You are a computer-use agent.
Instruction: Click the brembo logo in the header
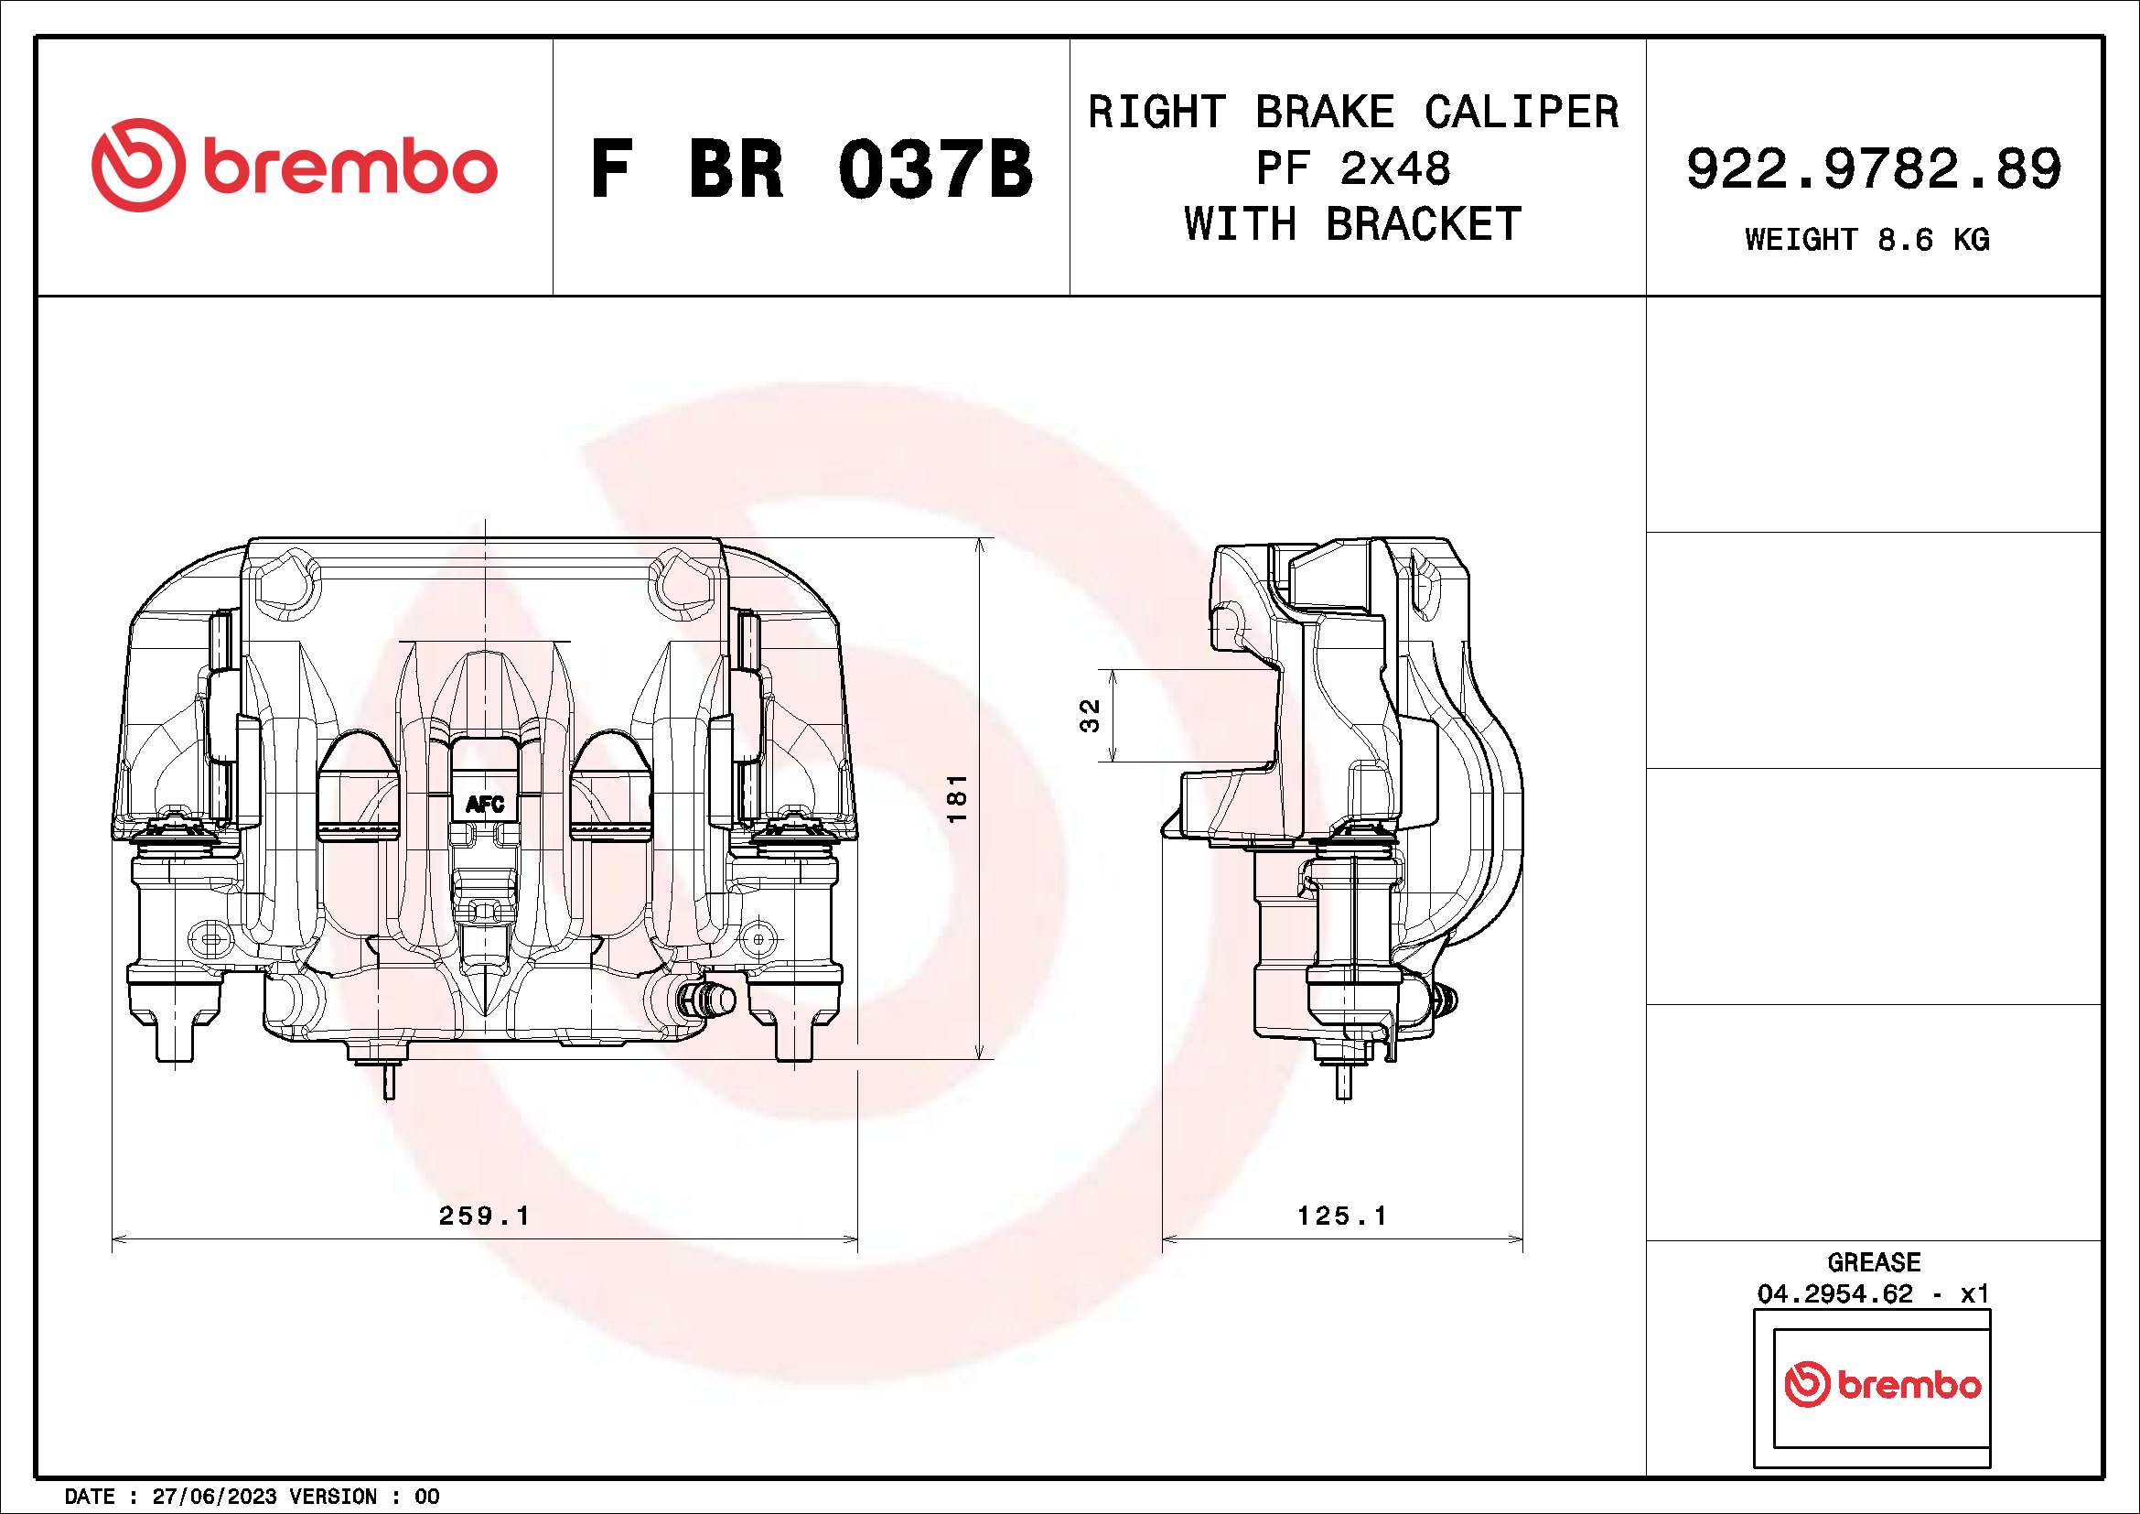[294, 165]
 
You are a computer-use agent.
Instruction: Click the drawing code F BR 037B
[811, 169]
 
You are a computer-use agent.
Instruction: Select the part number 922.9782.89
[1874, 168]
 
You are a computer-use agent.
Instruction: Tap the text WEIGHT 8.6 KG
[1867, 240]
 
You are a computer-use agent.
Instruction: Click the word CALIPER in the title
[1522, 112]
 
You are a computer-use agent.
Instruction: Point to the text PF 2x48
[1352, 168]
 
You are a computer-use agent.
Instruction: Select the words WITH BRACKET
[1352, 224]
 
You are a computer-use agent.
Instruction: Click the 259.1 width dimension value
[484, 1216]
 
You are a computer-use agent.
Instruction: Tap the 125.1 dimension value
[1342, 1216]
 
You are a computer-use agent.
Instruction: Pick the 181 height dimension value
[958, 798]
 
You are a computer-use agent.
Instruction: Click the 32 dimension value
[1090, 715]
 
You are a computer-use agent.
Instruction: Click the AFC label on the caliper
[485, 804]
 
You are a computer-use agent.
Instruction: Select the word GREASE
[1874, 1262]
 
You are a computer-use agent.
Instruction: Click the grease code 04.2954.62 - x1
[1874, 1294]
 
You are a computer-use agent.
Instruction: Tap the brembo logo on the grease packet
[1882, 1385]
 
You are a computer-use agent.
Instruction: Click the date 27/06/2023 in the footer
[214, 1497]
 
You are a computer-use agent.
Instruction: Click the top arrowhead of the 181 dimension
[980, 545]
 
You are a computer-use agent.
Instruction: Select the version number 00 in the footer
[427, 1497]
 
